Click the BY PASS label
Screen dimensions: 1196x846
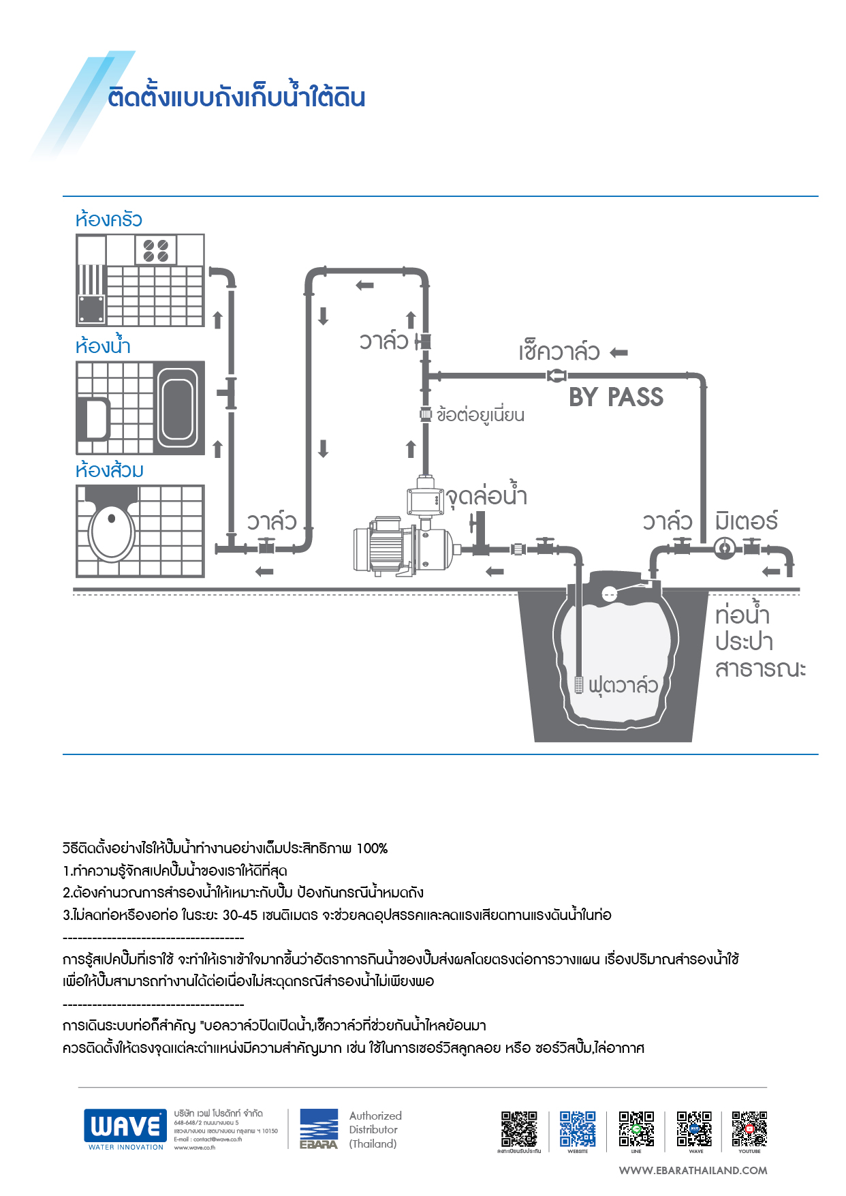coord(616,397)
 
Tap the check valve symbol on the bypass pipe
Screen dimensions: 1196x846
coord(557,375)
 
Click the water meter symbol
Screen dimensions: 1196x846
coord(725,547)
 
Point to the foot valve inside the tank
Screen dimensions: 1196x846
coord(578,684)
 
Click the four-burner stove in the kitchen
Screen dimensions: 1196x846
coord(156,250)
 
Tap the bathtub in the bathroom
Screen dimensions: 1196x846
coord(178,408)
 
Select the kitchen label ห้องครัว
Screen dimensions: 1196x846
coord(109,220)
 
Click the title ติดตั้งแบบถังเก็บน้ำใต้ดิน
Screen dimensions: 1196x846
coord(237,97)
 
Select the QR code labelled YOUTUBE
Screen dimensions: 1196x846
coord(749,1129)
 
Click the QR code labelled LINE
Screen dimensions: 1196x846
coord(636,1129)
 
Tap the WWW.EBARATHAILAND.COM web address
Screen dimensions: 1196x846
coord(693,1171)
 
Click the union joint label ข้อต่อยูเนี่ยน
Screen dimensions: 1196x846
coord(480,415)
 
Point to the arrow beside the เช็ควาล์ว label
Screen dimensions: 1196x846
coord(618,352)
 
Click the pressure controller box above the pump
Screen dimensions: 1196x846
coord(425,497)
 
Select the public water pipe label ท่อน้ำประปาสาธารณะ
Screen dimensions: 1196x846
coord(759,641)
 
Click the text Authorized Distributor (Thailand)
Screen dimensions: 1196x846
coord(375,1130)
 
